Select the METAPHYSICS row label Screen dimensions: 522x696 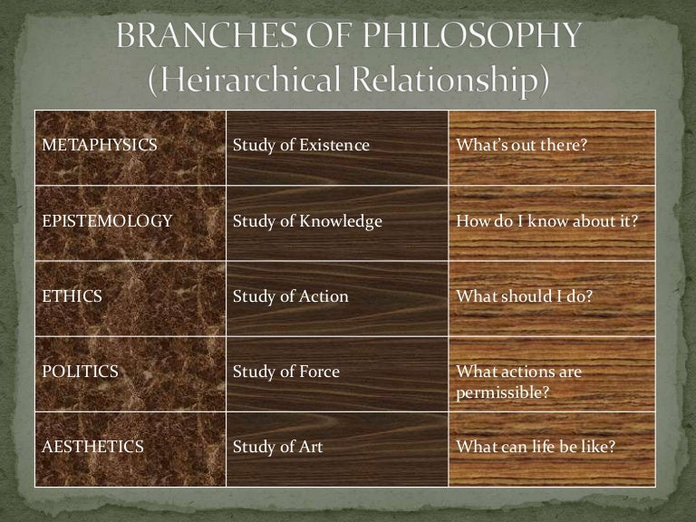point(87,145)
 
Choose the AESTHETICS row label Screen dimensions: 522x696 point(91,446)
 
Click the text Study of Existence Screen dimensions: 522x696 point(301,145)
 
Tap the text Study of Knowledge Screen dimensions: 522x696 point(307,221)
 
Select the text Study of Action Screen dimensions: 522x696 point(290,296)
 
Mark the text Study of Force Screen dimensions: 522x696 point(286,371)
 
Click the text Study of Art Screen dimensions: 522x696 point(278,446)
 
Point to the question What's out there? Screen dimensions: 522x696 point(517,145)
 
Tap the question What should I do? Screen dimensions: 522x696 point(517,296)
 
